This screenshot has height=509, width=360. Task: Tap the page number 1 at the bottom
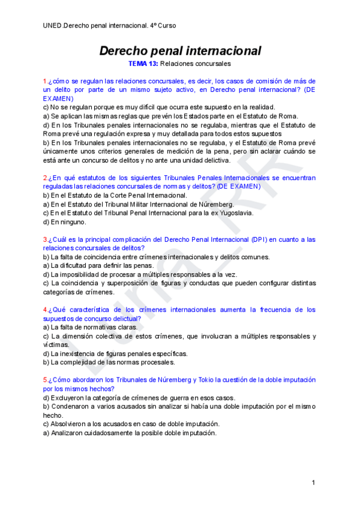[x=313, y=483]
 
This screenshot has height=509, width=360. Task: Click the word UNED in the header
[x=52, y=26]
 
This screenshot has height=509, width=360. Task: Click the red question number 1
[x=45, y=81]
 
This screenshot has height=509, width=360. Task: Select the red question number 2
[x=45, y=178]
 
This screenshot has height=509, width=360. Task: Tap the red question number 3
[x=45, y=239]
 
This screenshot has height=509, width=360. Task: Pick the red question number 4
[x=45, y=310]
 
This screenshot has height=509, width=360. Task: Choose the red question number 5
[x=45, y=380]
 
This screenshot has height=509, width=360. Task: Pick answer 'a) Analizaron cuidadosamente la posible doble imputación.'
[x=130, y=432]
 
